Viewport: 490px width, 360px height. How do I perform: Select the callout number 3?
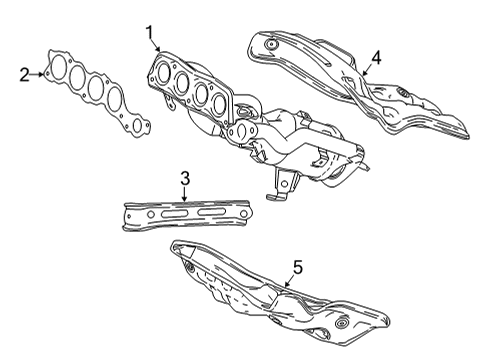(x=184, y=179)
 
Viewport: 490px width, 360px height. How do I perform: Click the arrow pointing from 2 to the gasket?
(x=41, y=73)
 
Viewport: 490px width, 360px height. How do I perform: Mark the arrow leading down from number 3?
(x=184, y=194)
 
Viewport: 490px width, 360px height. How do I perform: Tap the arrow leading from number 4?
(x=366, y=70)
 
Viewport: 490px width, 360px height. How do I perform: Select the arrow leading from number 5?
(x=287, y=281)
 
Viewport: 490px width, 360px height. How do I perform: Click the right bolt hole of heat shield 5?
(x=343, y=326)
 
